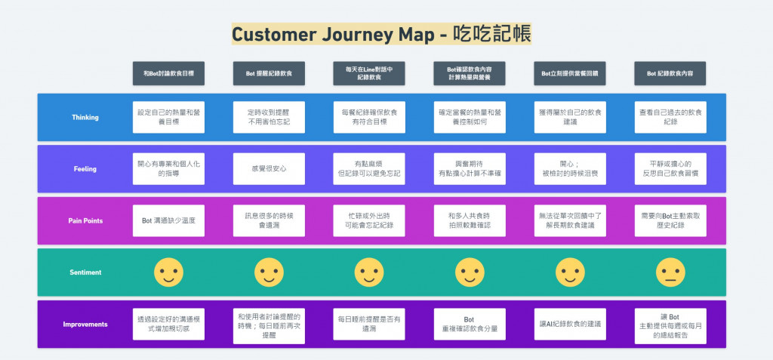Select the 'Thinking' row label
[x=85, y=117]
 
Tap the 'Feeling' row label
[x=85, y=169]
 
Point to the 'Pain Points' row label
[x=85, y=220]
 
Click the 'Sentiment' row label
[x=85, y=272]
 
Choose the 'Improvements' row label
[x=85, y=325]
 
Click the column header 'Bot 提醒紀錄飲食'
[x=269, y=73]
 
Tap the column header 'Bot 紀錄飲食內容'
[x=671, y=73]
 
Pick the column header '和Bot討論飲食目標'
[x=168, y=73]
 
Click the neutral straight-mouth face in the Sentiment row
[x=671, y=272]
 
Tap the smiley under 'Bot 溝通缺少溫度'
[x=168, y=272]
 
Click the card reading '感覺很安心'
[x=269, y=169]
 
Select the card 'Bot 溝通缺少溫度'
[x=168, y=220]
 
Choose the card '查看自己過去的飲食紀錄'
[x=671, y=117]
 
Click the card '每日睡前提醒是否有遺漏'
[x=369, y=325]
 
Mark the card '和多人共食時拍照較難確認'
[x=470, y=220]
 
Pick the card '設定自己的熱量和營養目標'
[x=168, y=117]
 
